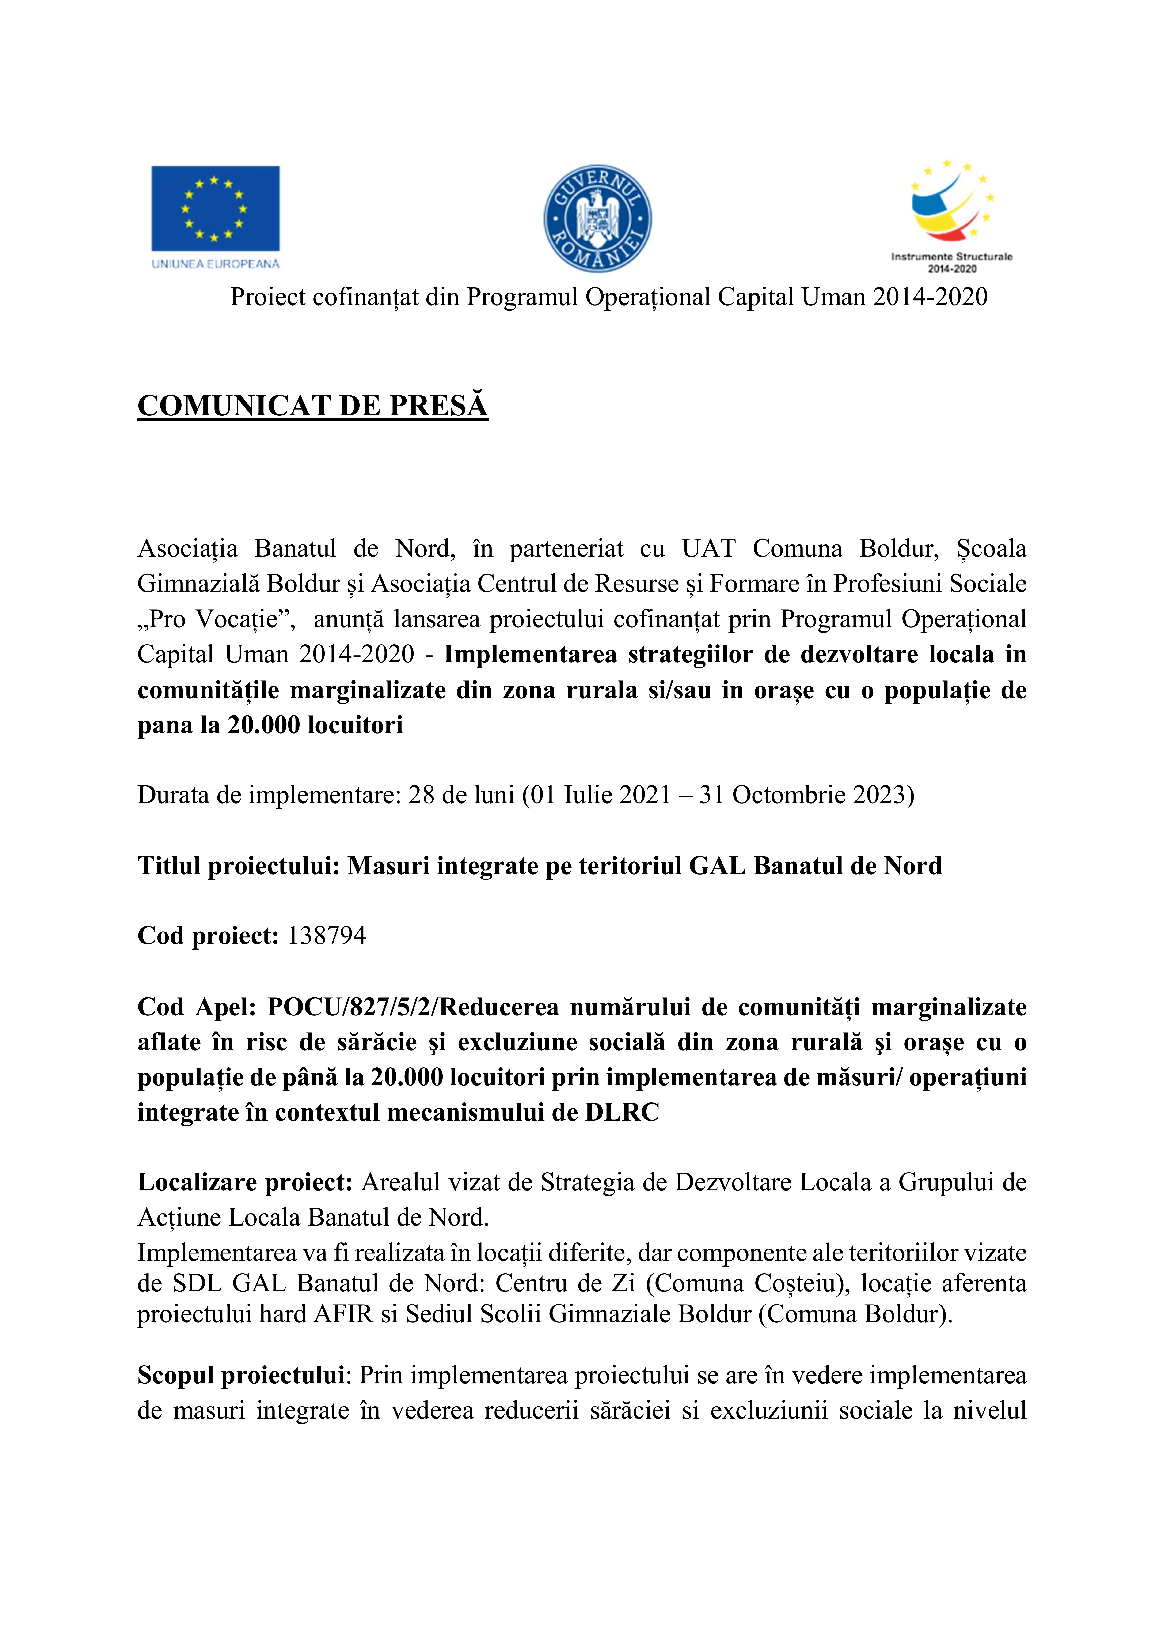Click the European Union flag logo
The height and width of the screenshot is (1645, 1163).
pyautogui.click(x=215, y=208)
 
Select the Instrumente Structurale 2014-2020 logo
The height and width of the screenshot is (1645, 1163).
pyautogui.click(x=952, y=215)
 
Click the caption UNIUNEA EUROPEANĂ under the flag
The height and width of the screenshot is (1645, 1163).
pyautogui.click(x=215, y=264)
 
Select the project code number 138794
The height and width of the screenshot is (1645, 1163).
pyautogui.click(x=327, y=936)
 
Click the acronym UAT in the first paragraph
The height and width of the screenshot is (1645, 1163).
pyautogui.click(x=708, y=549)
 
